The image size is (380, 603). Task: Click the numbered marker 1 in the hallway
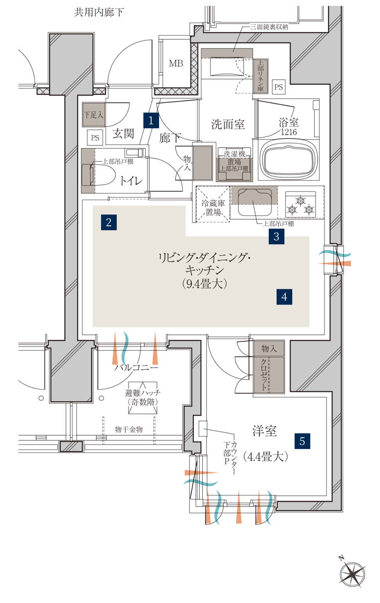(x=151, y=120)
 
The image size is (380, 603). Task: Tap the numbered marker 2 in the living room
(x=109, y=222)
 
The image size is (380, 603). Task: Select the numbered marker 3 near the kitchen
(x=277, y=237)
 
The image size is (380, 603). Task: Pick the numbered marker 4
(x=284, y=297)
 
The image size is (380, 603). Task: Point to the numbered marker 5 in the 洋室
(x=302, y=441)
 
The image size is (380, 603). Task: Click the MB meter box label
(x=176, y=64)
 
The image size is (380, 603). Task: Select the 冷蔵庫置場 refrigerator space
(x=213, y=204)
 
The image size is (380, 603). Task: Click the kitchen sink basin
(x=255, y=202)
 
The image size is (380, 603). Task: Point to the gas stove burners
(x=300, y=205)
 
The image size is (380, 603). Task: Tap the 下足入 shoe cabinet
(x=93, y=114)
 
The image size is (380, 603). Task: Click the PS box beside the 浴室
(x=279, y=87)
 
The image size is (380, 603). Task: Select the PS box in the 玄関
(x=95, y=138)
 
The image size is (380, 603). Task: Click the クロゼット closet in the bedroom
(x=269, y=375)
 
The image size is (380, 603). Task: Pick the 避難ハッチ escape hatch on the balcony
(x=143, y=398)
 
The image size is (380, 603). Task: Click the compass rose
(x=352, y=574)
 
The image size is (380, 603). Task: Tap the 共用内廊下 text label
(x=99, y=13)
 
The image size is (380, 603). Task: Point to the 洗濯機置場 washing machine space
(x=234, y=165)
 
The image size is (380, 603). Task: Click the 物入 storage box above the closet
(x=269, y=348)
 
